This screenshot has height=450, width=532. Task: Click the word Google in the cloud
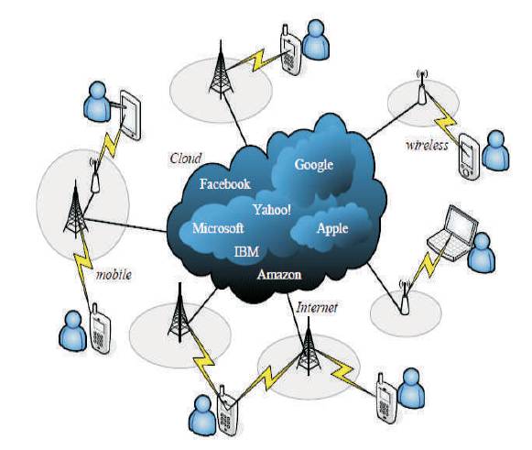pos(314,165)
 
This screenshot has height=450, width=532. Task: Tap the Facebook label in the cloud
pos(225,184)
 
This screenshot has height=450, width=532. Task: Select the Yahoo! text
pos(272,209)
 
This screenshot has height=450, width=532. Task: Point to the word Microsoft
pos(218,228)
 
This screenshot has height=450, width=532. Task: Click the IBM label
pos(246,252)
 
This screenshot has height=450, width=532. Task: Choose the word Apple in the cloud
pos(332,228)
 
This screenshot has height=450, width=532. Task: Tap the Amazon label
pos(279,274)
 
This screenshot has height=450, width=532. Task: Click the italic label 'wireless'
pos(427,146)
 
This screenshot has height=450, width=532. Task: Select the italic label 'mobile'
pos(114,274)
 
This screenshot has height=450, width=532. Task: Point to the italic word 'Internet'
pos(317,308)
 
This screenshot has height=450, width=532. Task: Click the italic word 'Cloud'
pos(186,159)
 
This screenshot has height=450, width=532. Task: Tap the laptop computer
pos(452,233)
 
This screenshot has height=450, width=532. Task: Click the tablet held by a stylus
pos(131,115)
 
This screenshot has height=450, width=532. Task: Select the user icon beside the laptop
pos(482,253)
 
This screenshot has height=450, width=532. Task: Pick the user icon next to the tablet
pos(97,101)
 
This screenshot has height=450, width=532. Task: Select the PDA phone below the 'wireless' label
pos(469,156)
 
